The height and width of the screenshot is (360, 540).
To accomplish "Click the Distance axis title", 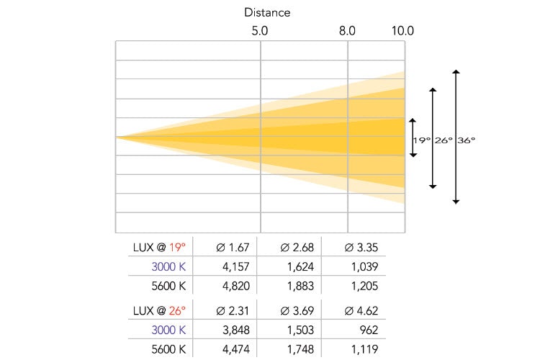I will (x=267, y=12).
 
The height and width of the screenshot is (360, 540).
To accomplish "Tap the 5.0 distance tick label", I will (x=260, y=31).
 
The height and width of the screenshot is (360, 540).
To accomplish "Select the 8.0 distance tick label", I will (x=347, y=31).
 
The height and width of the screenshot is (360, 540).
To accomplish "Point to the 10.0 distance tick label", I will (x=402, y=31).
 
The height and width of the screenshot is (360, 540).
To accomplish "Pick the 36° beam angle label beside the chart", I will (x=466, y=141).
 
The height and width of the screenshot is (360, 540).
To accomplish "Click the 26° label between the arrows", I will (x=444, y=141).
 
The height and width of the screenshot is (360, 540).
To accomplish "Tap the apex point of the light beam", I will (x=117, y=136).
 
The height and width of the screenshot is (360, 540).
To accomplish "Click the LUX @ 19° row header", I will (x=159, y=248).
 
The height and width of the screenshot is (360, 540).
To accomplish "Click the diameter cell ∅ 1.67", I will (x=233, y=248).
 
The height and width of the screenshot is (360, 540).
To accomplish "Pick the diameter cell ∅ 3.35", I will (x=362, y=248).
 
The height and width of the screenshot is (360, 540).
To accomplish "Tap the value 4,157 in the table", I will (x=237, y=266).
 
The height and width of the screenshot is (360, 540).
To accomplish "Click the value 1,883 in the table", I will (x=301, y=284).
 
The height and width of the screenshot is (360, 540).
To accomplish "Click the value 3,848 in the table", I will (x=237, y=330).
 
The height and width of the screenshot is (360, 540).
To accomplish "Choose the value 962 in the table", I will (x=369, y=330).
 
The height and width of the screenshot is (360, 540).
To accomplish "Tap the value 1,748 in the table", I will (x=301, y=349).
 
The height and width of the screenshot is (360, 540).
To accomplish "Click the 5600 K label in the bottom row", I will (x=168, y=349).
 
